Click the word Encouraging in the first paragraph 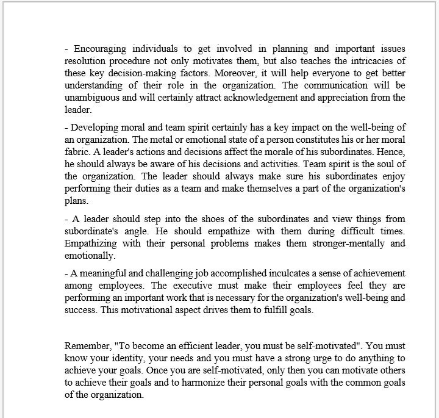click(100, 49)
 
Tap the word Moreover click(241, 73)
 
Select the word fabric click(77, 151)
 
